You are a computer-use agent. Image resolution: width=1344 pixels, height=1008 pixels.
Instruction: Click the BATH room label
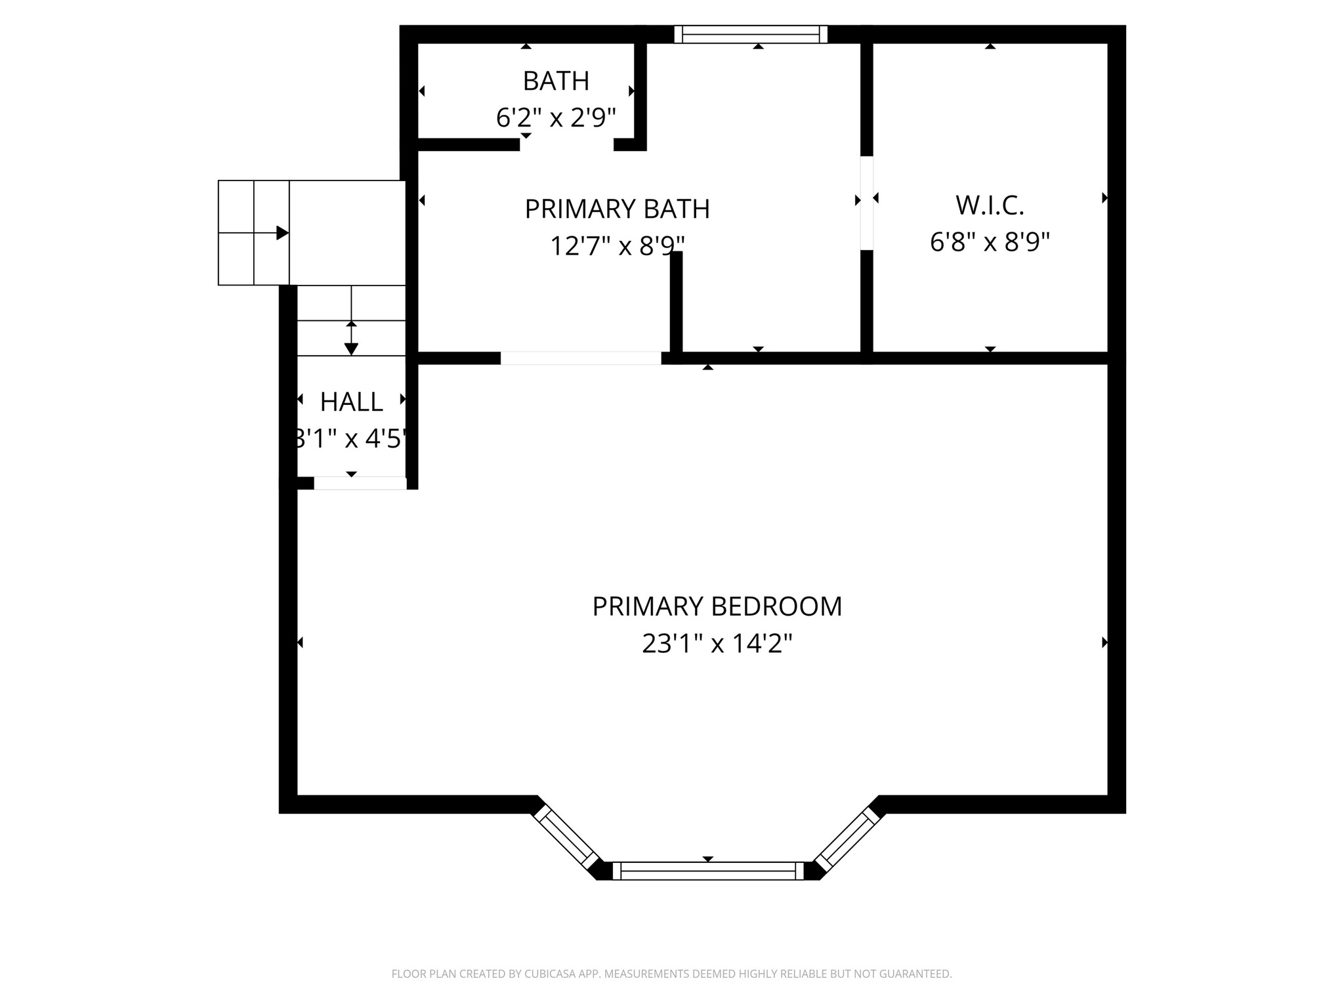pos(556,81)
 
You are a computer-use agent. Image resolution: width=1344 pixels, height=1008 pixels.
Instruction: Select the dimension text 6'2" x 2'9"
pos(556,118)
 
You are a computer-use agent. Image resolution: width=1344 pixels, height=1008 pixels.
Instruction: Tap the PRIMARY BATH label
pos(617,209)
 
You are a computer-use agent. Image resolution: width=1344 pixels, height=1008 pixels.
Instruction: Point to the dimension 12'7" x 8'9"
pos(617,246)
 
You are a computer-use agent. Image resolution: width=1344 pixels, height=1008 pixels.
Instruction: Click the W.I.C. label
pos(990,205)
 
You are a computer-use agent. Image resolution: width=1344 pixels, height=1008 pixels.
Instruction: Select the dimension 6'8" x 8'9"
pos(990,242)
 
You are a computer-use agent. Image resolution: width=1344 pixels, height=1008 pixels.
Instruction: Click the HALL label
pos(351,402)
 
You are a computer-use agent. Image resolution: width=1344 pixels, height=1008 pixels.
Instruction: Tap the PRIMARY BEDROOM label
pos(717,606)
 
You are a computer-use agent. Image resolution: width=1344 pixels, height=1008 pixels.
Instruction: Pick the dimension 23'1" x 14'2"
pos(717,644)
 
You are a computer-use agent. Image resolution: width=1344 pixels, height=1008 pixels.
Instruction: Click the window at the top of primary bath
pos(751,34)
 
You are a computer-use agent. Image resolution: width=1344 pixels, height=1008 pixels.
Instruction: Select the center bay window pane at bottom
pos(707,871)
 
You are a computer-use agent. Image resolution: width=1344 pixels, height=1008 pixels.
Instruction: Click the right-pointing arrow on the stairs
pos(282,233)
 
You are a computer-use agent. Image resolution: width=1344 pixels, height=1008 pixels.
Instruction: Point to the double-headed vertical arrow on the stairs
pos(351,338)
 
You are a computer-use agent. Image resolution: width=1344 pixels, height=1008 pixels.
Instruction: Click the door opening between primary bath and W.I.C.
pos(867,203)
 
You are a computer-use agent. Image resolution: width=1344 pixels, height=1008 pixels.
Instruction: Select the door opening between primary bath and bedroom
pos(581,358)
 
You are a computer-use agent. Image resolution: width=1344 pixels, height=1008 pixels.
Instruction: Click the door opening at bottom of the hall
pos(360,484)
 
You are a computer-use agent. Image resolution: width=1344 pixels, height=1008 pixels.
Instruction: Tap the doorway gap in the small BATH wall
pos(566,145)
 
